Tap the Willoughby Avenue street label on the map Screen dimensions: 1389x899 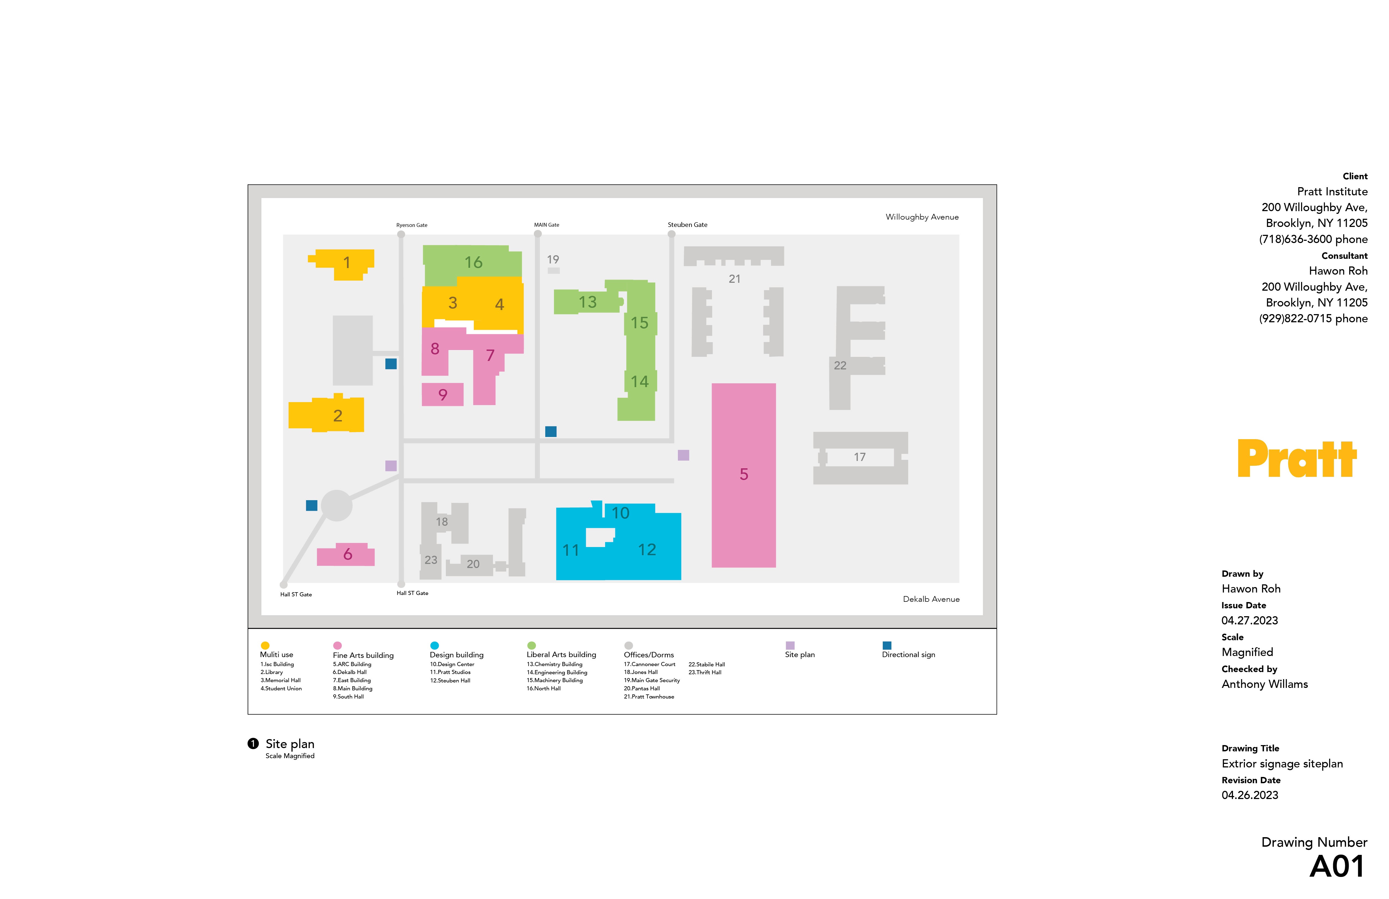click(x=922, y=217)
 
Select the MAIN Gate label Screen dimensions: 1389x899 click(x=546, y=225)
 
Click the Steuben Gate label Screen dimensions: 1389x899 click(x=687, y=225)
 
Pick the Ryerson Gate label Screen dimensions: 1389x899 click(x=412, y=225)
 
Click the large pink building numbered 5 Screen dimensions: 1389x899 click(x=743, y=475)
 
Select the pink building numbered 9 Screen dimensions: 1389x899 click(x=442, y=395)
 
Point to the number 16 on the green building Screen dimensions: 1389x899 click(x=473, y=263)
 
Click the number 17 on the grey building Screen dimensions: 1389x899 click(x=859, y=457)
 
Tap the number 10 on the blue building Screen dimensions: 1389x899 click(x=620, y=513)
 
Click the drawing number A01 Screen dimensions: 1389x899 click(x=1336, y=867)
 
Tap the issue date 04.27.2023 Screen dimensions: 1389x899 click(x=1250, y=621)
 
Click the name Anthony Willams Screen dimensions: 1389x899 click(x=1264, y=684)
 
